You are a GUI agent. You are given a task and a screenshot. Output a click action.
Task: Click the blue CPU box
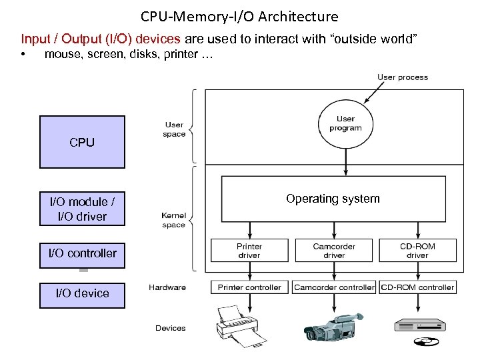point(82,142)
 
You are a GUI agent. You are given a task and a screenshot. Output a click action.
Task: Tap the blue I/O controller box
point(82,253)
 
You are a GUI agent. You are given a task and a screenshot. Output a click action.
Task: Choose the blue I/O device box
point(82,293)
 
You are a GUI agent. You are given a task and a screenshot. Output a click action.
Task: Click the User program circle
point(345,123)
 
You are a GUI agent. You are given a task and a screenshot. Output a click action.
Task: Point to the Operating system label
point(333,199)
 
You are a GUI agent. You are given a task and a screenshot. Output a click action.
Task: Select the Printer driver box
point(249,251)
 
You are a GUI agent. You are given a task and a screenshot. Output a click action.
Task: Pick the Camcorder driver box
point(333,251)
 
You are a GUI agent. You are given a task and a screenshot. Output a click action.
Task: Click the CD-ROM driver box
point(417,251)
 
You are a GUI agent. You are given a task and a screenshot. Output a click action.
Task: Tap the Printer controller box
point(250,287)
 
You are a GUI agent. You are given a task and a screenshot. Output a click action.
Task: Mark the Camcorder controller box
point(334,287)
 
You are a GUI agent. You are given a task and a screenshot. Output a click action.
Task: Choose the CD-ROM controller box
point(417,287)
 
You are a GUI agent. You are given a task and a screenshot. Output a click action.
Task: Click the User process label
point(403,77)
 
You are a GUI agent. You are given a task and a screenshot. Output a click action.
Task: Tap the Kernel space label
point(173,220)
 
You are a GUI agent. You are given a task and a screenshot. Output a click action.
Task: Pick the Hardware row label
point(167,287)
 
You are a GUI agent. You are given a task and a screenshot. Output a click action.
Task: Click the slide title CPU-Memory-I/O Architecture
point(239,17)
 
